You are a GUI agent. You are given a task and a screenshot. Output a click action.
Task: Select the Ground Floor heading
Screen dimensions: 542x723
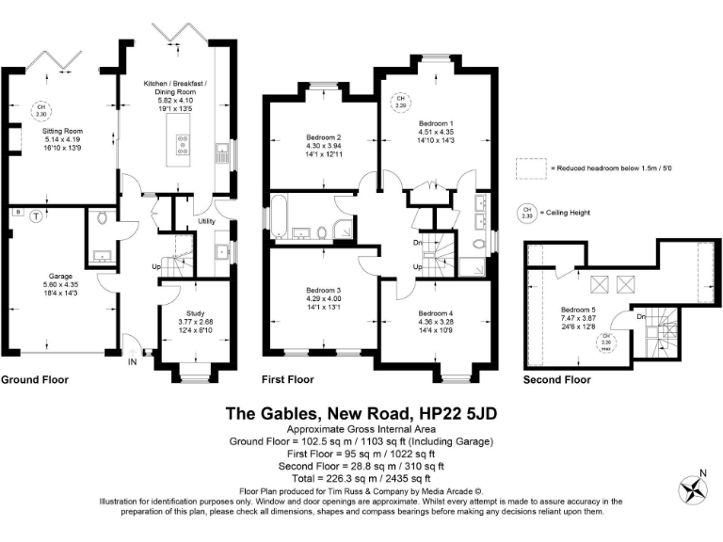pos(34,380)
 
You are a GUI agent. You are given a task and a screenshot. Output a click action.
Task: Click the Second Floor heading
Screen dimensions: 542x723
pos(557,380)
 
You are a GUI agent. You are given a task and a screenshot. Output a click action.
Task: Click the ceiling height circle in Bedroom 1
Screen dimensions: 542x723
pos(401,101)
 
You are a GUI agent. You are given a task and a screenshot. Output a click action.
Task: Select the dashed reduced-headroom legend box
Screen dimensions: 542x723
pos(534,168)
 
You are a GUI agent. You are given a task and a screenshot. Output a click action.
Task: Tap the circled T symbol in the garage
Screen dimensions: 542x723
pos(36,215)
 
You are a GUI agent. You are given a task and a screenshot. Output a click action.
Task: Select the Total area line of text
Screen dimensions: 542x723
pos(361,477)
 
